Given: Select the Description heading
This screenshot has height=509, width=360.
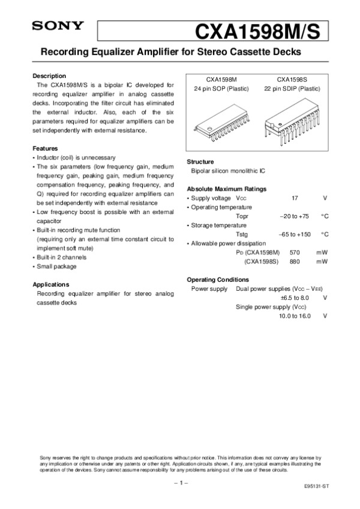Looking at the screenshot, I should click(49, 76).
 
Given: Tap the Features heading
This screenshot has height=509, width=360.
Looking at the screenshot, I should click(45, 148).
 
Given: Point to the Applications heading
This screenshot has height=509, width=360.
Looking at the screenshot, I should click(51, 284).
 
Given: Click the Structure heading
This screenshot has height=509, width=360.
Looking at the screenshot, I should click(201, 162).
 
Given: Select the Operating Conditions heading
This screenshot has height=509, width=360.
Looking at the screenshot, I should click(218, 279).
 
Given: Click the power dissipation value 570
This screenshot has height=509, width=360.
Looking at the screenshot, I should click(295, 252).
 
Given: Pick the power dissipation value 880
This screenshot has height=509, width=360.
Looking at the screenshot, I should click(295, 262).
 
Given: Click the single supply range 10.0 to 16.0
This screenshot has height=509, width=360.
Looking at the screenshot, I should click(295, 316).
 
